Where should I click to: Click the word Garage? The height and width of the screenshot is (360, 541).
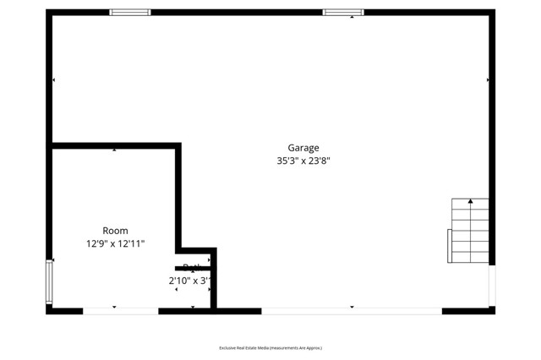303,148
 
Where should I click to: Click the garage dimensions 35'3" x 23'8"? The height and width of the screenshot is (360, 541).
303,161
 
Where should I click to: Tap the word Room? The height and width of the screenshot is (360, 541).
115,231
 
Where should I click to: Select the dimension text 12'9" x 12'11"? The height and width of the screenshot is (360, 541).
115,243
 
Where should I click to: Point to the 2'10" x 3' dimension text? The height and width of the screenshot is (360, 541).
189,281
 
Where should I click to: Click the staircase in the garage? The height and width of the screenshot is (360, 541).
470,231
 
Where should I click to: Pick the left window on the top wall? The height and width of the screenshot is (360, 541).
130,13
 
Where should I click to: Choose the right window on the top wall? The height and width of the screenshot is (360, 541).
343,13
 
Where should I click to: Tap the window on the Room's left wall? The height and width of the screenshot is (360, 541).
50,282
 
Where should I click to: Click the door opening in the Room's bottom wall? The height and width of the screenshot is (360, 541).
120,311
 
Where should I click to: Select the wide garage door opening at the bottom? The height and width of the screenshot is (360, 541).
351,311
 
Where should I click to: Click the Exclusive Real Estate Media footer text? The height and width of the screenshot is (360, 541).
270,347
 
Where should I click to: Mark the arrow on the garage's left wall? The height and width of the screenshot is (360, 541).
54,80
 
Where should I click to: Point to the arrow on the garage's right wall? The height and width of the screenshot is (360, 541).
488,80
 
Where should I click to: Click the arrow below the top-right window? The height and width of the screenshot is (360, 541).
352,18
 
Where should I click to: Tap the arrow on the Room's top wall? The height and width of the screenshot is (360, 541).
115,150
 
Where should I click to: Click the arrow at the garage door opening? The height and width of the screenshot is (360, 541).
352,307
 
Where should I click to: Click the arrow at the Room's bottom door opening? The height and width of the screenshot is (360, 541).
115,307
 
